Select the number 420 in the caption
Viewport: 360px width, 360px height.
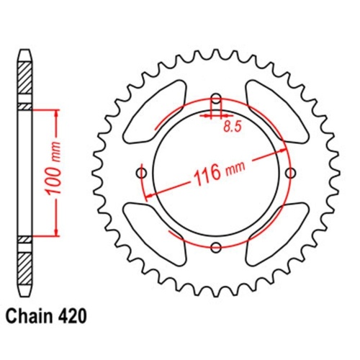point(74,316)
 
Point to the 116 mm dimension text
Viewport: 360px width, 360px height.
point(213,172)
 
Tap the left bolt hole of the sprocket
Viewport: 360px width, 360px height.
point(141,173)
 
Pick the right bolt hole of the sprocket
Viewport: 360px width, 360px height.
point(290,173)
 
